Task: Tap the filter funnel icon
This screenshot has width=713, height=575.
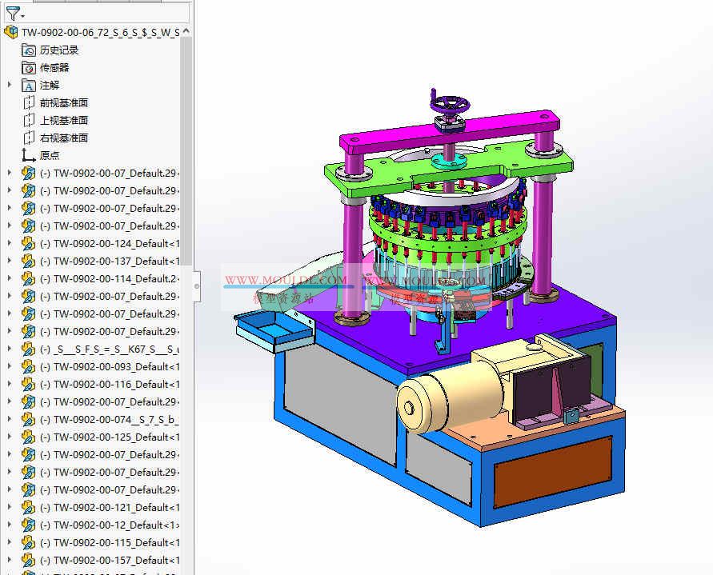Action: tap(12, 13)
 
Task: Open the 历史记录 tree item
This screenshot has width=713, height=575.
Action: tap(59, 50)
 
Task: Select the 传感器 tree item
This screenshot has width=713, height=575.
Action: tap(54, 67)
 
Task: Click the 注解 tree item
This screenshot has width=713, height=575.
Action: tap(50, 85)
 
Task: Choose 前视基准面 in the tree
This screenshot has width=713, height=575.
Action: tap(64, 102)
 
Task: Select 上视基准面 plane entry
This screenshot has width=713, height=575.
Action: tap(64, 120)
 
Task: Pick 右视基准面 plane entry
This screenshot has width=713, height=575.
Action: tap(64, 138)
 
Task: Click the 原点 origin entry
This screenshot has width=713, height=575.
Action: tap(50, 155)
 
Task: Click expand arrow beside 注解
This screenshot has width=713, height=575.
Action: tap(10, 85)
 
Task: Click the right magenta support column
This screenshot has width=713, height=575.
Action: tap(546, 224)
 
